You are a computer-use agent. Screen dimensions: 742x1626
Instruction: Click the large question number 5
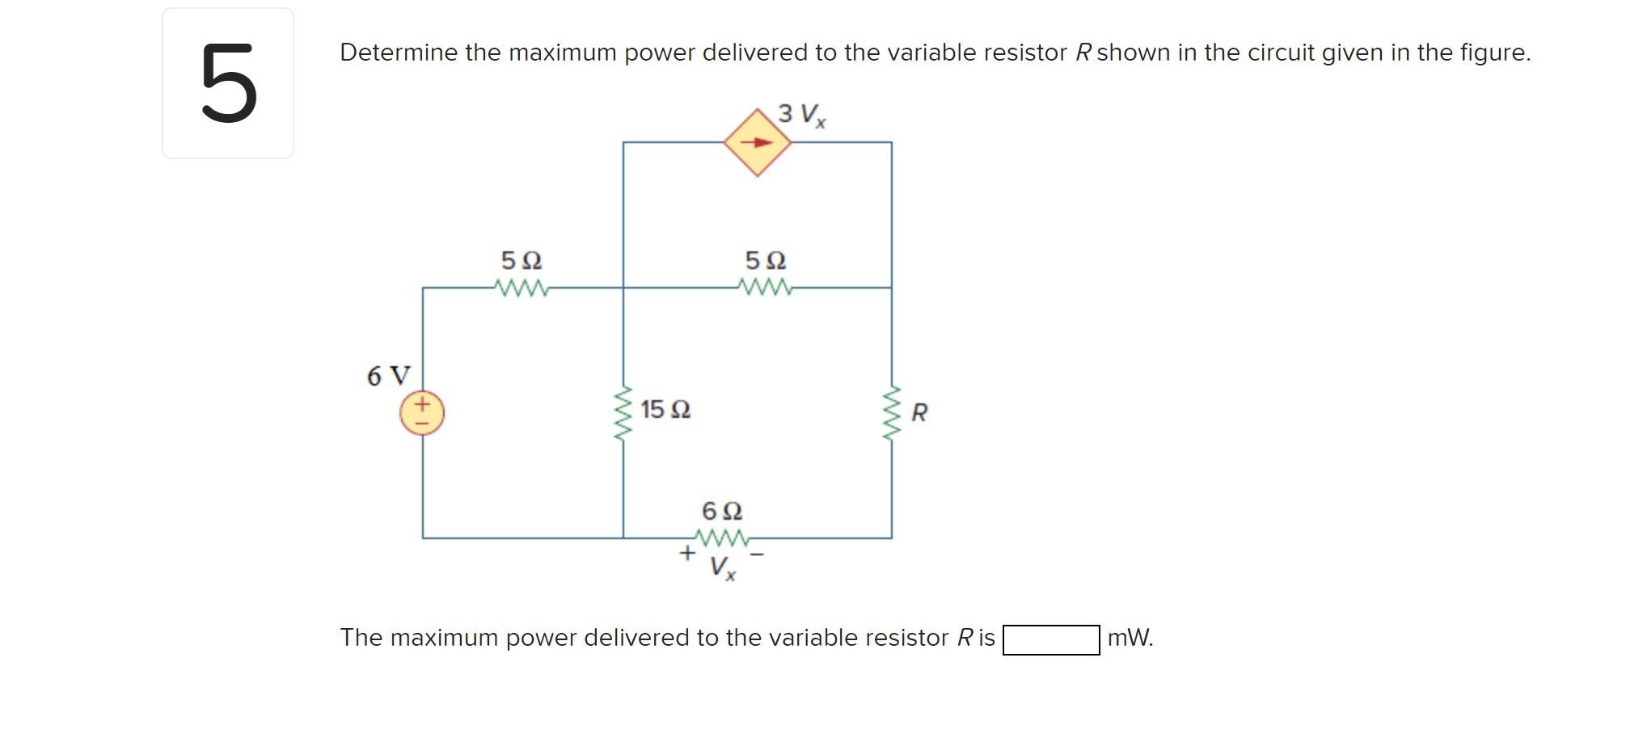[228, 84]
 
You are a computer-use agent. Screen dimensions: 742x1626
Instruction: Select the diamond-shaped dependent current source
[757, 143]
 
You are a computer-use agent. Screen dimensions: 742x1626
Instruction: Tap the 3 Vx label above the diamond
[801, 115]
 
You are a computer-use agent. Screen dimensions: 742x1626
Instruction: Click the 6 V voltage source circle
[422, 413]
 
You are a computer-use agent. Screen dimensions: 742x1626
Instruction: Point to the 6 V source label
[388, 376]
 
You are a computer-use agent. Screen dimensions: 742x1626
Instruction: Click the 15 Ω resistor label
[665, 410]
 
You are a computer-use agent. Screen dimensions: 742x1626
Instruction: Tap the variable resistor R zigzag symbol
[891, 413]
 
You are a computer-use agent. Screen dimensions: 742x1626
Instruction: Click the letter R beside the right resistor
[919, 413]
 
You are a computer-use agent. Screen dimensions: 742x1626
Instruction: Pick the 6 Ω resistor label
[721, 511]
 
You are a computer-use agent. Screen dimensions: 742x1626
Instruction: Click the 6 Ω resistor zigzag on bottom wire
[722, 538]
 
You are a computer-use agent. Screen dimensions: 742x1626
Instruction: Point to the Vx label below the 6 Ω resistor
[722, 567]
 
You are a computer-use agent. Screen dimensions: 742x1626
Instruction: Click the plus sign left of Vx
[686, 553]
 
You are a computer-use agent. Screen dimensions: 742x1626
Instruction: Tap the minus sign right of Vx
[757, 554]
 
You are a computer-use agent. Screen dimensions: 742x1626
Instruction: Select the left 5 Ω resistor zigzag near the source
[522, 288]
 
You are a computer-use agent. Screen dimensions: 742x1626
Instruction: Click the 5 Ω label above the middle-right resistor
[765, 261]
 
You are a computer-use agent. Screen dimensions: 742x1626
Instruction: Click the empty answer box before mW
[1050, 639]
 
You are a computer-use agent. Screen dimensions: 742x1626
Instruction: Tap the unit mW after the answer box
[1130, 638]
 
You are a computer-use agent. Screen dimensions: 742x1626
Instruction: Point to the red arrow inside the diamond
[757, 143]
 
